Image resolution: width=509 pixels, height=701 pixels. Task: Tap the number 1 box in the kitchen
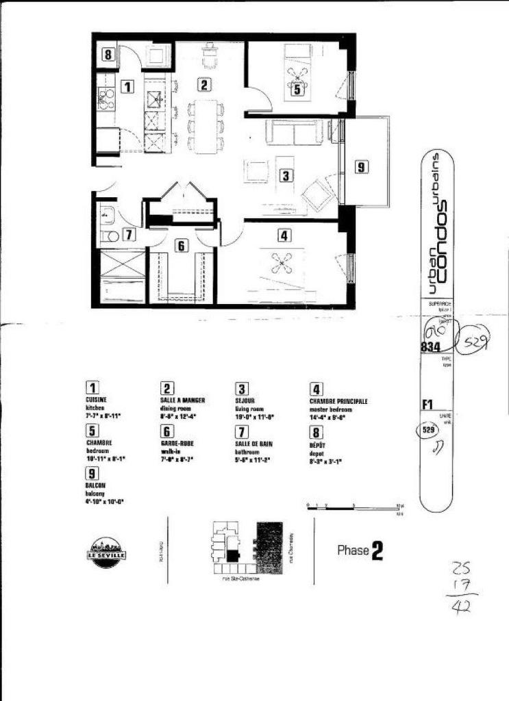tap(126, 86)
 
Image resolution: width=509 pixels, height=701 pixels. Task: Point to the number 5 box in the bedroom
tap(297, 88)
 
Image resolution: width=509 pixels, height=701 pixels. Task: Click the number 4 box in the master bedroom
tap(283, 235)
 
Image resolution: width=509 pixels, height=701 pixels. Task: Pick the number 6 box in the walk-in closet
tap(182, 244)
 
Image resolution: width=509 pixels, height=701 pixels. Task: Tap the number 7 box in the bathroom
tap(129, 234)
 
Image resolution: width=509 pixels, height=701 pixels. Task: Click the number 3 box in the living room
tap(286, 175)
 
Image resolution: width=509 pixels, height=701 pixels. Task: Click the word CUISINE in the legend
tap(97, 399)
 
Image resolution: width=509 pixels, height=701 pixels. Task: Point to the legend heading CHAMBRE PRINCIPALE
tap(338, 401)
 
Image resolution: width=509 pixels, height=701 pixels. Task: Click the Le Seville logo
tap(105, 550)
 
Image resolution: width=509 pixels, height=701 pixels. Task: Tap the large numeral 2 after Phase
tap(377, 551)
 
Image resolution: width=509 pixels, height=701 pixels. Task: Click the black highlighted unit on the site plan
tap(234, 555)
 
